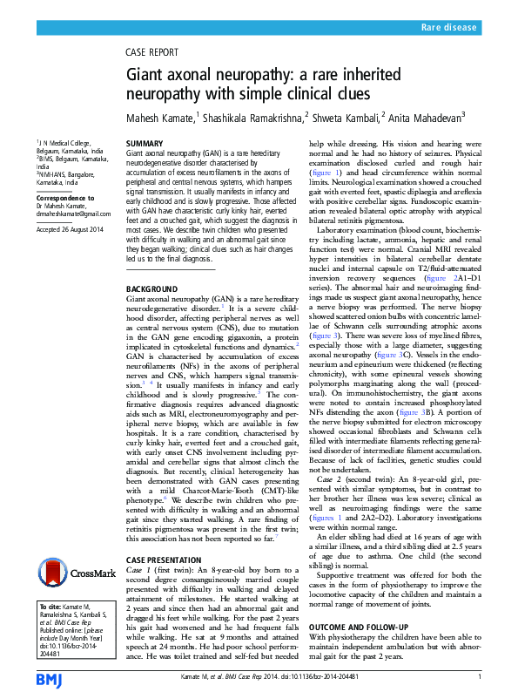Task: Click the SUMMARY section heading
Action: (145, 142)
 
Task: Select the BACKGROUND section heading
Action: (153, 288)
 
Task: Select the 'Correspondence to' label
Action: (64, 198)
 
